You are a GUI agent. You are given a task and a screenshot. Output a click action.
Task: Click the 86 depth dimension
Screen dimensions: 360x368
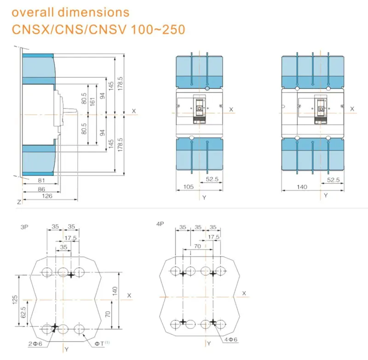coord(41,189)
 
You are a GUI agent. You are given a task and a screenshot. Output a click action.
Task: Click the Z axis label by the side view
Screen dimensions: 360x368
coord(18,202)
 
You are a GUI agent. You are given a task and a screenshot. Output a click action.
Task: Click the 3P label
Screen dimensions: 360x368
coord(24,227)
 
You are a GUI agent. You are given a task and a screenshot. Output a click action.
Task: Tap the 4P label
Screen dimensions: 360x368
coord(160,224)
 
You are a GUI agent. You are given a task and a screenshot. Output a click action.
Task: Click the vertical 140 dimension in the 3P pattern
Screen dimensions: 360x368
coord(115,291)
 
